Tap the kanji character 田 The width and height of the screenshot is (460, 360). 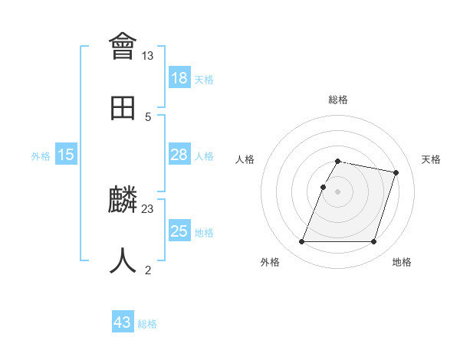pyautogui.click(x=123, y=109)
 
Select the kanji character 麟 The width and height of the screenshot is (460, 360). pyautogui.click(x=123, y=201)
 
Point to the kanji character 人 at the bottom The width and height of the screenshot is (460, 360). pyautogui.click(x=123, y=260)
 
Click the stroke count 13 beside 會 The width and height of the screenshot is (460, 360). pyautogui.click(x=147, y=56)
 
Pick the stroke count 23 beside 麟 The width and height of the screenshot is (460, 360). pyautogui.click(x=147, y=208)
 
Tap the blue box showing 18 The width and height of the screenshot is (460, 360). pyautogui.click(x=179, y=78)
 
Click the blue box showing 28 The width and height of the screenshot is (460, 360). pyautogui.click(x=179, y=155)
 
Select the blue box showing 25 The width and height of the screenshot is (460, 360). pyautogui.click(x=179, y=231)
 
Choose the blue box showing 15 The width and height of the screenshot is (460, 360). pyautogui.click(x=66, y=155)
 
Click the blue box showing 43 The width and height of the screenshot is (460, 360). pyautogui.click(x=123, y=322)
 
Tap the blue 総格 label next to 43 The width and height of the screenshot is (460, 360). pyautogui.click(x=147, y=324)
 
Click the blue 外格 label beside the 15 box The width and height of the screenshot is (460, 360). pyautogui.click(x=41, y=156)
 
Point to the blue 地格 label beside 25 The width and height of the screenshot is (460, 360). pyautogui.click(x=204, y=233)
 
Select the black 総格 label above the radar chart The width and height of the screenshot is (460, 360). pyautogui.click(x=338, y=100)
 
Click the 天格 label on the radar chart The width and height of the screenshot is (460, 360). pyautogui.click(x=431, y=159)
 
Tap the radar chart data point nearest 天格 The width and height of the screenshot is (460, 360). pyautogui.click(x=396, y=173)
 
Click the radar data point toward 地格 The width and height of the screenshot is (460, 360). pyautogui.click(x=373, y=242)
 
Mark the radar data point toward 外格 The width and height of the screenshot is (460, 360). pyautogui.click(x=302, y=242)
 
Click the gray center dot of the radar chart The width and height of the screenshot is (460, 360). pyautogui.click(x=338, y=191)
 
